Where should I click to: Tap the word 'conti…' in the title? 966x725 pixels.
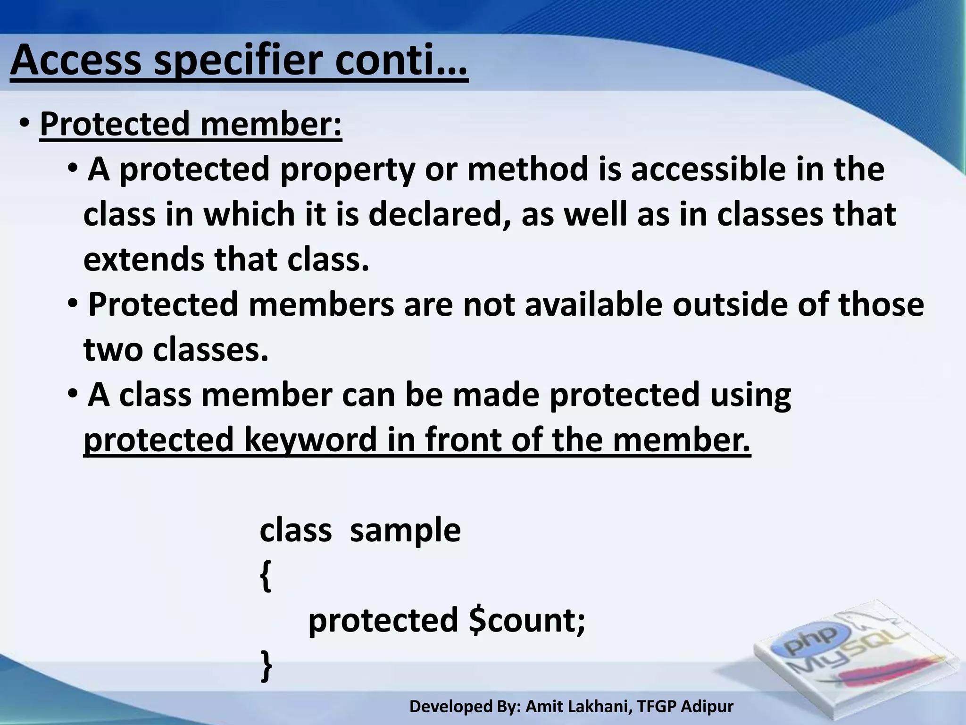(x=401, y=61)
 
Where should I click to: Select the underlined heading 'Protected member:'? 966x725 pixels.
(x=191, y=124)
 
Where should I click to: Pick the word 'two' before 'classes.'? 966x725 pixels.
(x=113, y=350)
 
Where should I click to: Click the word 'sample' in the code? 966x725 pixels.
(x=405, y=530)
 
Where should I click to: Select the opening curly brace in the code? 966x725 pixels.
(x=266, y=577)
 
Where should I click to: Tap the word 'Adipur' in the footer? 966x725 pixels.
(x=708, y=707)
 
